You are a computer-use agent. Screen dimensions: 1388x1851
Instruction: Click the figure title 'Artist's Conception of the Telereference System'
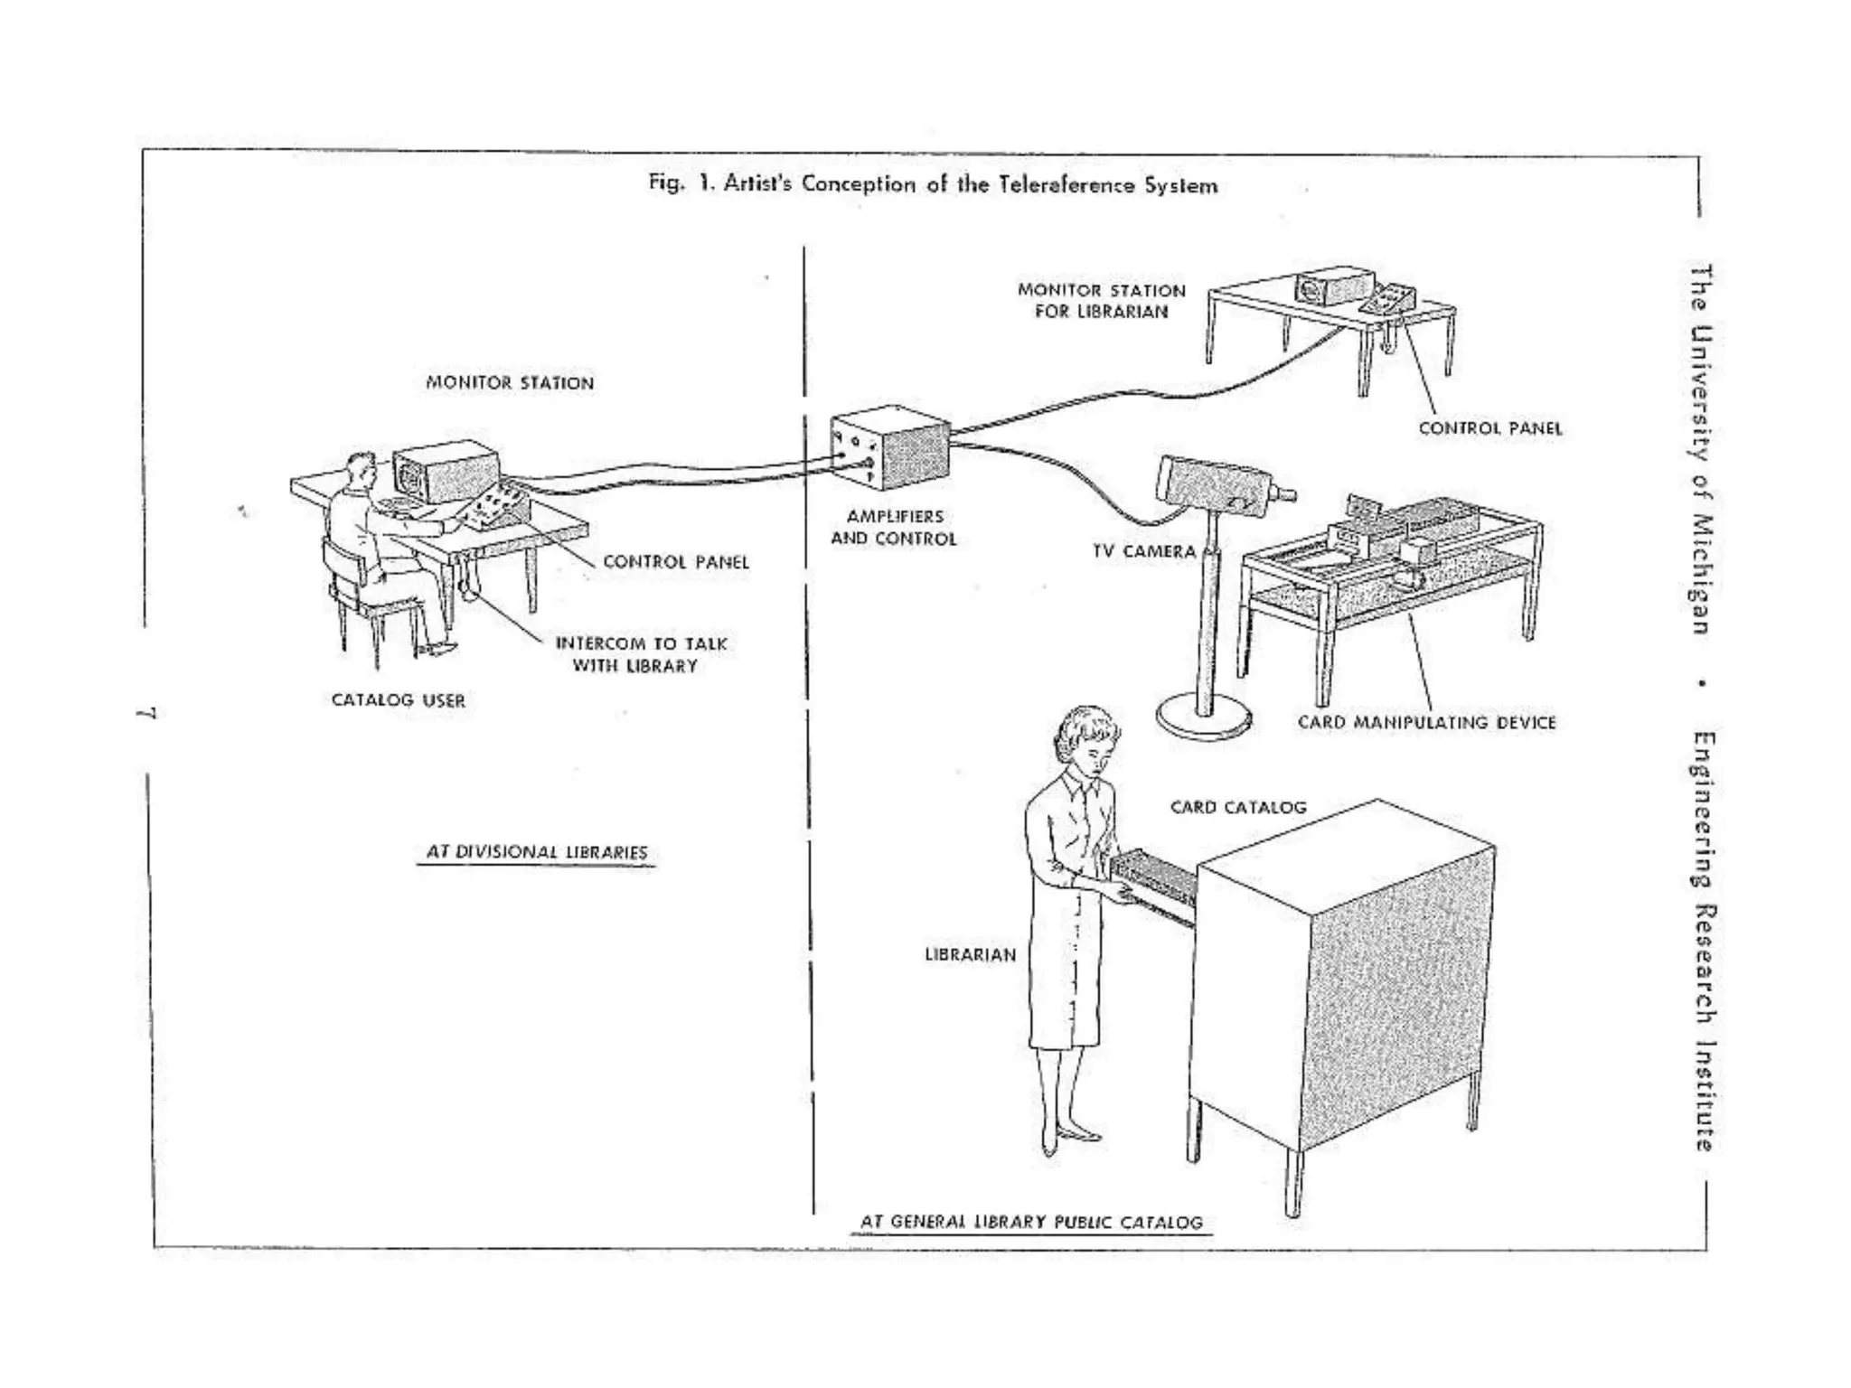click(933, 185)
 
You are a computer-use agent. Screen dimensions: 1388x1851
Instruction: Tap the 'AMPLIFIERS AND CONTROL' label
click(893, 528)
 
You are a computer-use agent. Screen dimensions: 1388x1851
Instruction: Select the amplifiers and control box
click(891, 448)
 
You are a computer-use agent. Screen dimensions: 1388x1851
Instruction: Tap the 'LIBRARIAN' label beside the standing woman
click(970, 955)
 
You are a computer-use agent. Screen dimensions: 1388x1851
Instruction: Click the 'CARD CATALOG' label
click(1238, 808)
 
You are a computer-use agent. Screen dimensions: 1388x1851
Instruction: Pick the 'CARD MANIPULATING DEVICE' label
click(1426, 723)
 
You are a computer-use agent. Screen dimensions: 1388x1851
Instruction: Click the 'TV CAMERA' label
click(1143, 552)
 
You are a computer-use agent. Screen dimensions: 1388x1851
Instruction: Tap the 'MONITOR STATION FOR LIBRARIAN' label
click(1101, 301)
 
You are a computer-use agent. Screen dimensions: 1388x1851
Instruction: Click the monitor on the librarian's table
click(1333, 286)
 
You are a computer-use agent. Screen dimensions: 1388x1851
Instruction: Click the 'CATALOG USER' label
click(399, 700)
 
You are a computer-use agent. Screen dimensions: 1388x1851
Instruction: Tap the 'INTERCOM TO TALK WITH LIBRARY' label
click(640, 655)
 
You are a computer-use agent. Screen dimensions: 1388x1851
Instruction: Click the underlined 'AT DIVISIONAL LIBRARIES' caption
click(537, 852)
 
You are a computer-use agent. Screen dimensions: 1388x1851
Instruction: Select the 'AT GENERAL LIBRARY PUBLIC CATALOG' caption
click(1031, 1223)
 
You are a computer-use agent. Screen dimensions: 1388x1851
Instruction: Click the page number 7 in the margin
click(148, 713)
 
